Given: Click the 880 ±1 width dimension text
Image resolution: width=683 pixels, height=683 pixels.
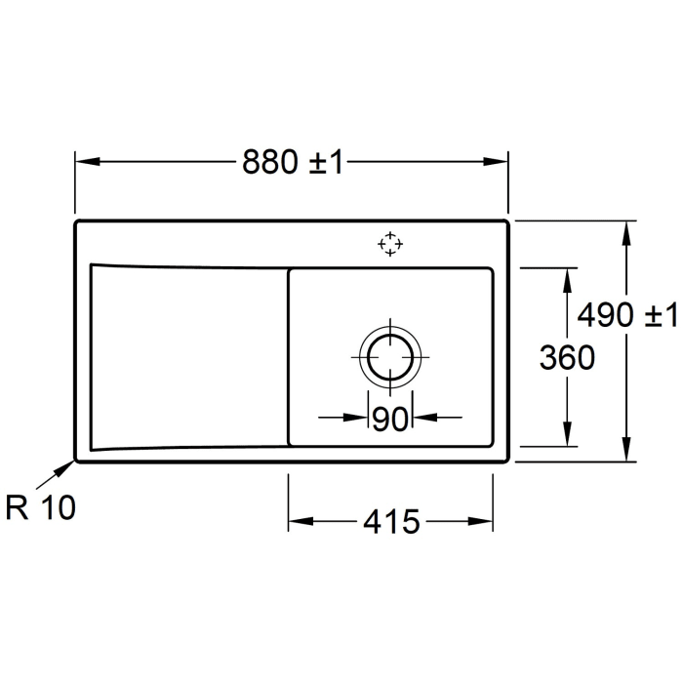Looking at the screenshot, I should click(294, 163).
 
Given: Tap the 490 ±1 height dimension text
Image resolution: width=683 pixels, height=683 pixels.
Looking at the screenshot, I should click(626, 315).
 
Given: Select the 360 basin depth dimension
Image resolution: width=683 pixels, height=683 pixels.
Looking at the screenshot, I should click(567, 358).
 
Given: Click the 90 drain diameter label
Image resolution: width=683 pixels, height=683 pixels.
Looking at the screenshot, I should click(389, 419).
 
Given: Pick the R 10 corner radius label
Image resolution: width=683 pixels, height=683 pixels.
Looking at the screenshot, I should click(40, 508).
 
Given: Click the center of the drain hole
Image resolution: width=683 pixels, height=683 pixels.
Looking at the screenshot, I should click(390, 357).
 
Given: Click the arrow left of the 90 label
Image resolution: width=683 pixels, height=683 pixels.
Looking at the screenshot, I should click(356, 418).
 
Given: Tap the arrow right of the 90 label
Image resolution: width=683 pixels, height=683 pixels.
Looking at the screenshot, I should click(424, 418).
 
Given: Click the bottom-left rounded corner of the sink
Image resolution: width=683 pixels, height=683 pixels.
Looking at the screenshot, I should click(79, 459).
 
